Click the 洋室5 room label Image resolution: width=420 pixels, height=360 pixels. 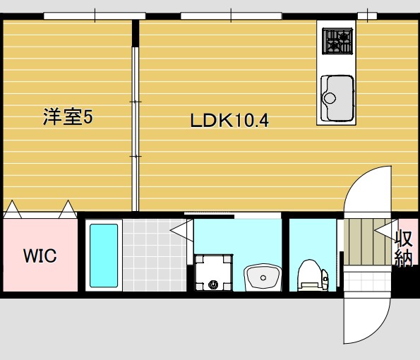pyautogui.click(x=68, y=116)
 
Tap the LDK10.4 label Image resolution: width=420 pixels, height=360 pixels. pyautogui.click(x=229, y=120)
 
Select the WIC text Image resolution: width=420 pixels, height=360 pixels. pyautogui.click(x=40, y=256)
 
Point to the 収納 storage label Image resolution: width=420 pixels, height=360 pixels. pyautogui.click(x=404, y=248)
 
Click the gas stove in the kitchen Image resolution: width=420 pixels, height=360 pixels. pyautogui.click(x=337, y=41)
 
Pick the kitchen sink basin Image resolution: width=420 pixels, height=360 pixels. pyautogui.click(x=337, y=97)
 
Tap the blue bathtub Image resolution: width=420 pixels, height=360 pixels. pyautogui.click(x=104, y=255)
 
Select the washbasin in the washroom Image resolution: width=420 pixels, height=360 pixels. pyautogui.click(x=263, y=276)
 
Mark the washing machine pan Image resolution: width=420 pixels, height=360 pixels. pyautogui.click(x=212, y=272)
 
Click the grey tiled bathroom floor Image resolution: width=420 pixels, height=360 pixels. pyautogui.click(x=147, y=254)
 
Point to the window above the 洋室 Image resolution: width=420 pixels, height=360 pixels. pyautogui.click(x=94, y=16)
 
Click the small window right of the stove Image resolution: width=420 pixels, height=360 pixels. pyautogui.click(x=366, y=16)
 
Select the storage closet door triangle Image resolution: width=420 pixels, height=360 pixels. pyautogui.click(x=385, y=230)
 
